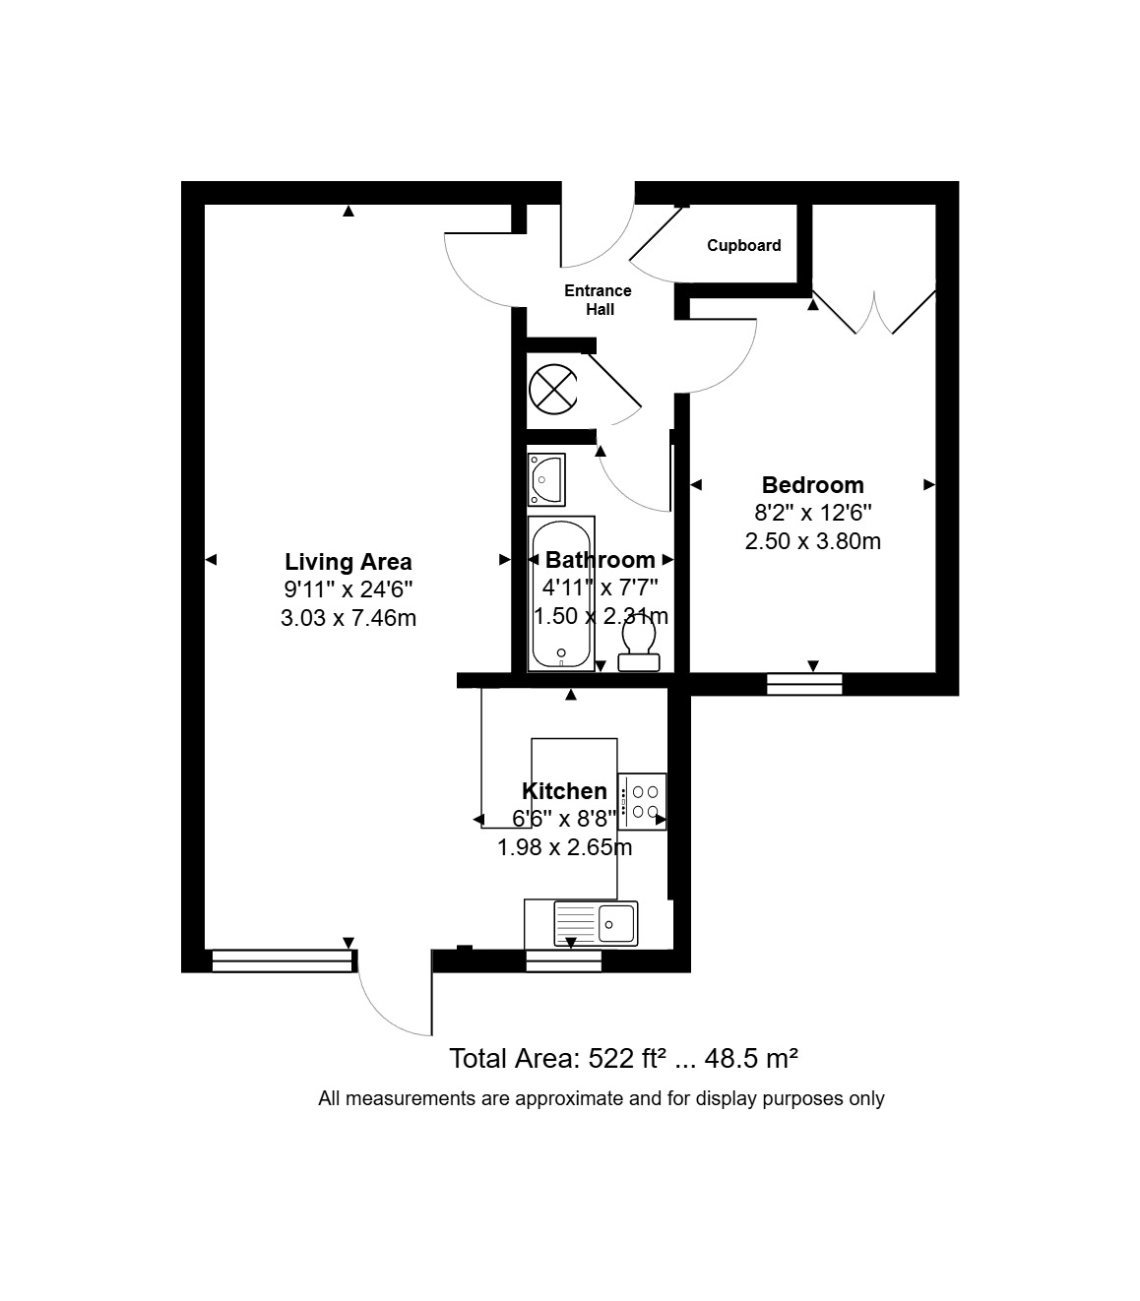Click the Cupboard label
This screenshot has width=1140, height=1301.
click(743, 245)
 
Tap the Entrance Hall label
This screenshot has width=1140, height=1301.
click(599, 300)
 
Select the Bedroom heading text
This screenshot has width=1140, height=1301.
click(813, 485)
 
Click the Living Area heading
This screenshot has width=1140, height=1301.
click(348, 562)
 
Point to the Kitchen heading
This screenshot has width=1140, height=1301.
click(564, 791)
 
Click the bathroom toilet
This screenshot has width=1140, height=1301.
click(639, 645)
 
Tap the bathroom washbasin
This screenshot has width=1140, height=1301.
click(546, 479)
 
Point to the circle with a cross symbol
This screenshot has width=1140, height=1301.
click(553, 389)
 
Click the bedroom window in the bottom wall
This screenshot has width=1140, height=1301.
click(804, 684)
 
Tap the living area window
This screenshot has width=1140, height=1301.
click(282, 960)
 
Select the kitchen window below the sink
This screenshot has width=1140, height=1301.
click(564, 960)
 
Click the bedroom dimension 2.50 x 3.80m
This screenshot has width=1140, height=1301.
click(813, 541)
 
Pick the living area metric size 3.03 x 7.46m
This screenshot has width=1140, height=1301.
click(348, 617)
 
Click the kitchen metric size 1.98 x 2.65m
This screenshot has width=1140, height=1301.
click(564, 847)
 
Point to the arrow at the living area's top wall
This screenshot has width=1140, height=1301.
click(348, 212)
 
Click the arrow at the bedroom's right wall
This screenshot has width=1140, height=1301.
click(929, 484)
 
